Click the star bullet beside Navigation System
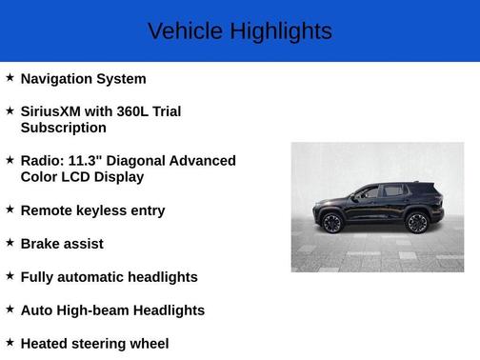coord(10,77)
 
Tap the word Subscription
coord(63,128)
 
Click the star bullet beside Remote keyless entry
coord(10,209)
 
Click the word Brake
coord(42,244)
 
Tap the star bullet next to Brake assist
coord(10,242)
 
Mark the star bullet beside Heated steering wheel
coord(10,342)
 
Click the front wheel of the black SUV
coord(332,223)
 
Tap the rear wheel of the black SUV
coord(416,223)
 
